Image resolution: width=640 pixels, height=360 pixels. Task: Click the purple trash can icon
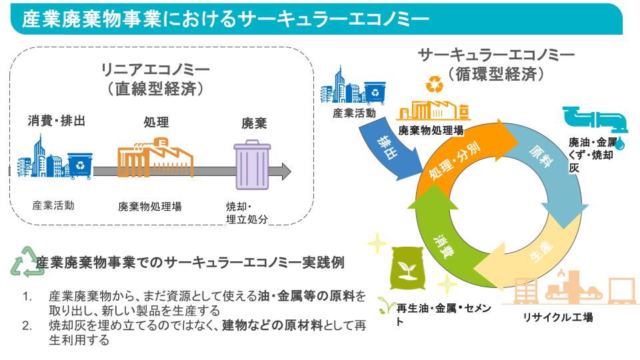pyautogui.click(x=252, y=165)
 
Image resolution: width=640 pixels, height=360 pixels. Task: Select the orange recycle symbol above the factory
pyautogui.click(x=434, y=84)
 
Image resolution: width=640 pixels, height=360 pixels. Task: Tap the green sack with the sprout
pyautogui.click(x=407, y=268)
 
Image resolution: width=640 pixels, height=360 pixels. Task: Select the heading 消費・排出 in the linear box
pyautogui.click(x=56, y=121)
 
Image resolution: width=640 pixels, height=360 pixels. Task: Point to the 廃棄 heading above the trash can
pyautogui.click(x=254, y=123)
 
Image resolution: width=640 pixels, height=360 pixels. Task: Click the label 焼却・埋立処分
pyautogui.click(x=247, y=213)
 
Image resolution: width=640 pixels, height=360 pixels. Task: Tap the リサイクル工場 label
pyautogui.click(x=558, y=317)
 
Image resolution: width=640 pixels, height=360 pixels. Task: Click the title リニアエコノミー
pyautogui.click(x=155, y=69)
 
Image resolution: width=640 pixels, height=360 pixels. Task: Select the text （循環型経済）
pyautogui.click(x=496, y=74)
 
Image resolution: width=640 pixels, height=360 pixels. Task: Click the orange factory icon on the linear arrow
pyautogui.click(x=155, y=157)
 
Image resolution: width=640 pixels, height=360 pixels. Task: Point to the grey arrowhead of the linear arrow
pyautogui.click(x=285, y=171)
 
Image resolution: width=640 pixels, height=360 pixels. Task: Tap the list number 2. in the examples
pyautogui.click(x=27, y=325)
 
